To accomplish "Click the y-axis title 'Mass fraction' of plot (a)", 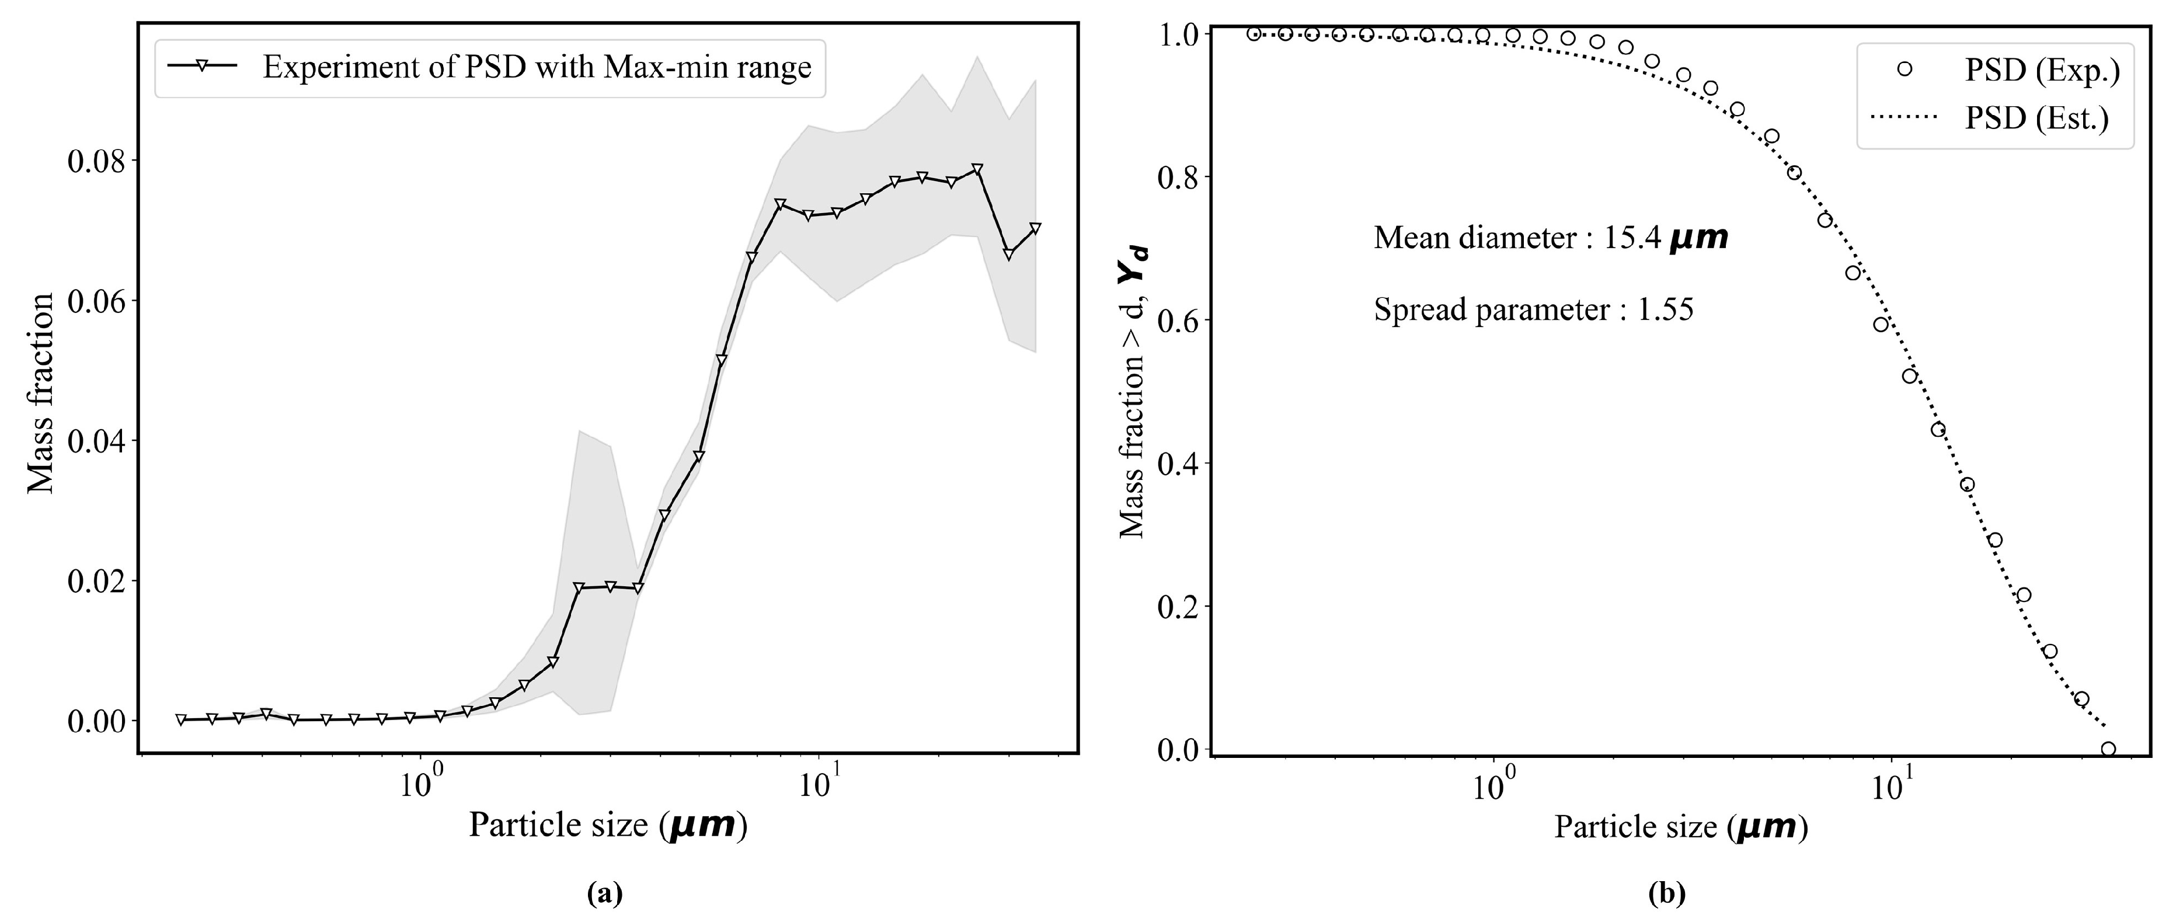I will tap(40, 393).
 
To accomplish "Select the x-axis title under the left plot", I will tap(607, 824).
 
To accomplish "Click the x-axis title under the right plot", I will tap(1680, 826).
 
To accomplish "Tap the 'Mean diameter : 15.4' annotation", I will tap(1550, 238).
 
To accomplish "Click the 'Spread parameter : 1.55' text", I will tap(1533, 310).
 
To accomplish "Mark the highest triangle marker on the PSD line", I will tap(977, 169).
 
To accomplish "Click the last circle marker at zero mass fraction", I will tap(2108, 749).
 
